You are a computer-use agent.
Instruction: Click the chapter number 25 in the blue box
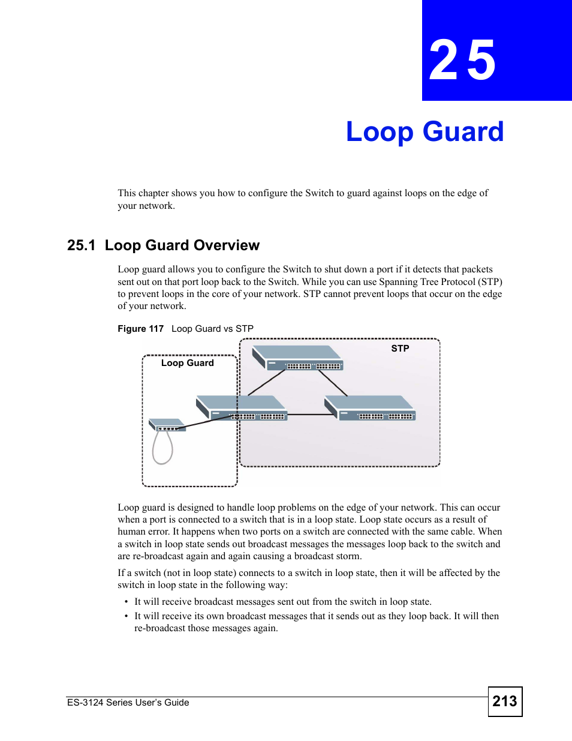[x=462, y=60]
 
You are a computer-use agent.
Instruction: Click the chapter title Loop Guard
[x=425, y=132]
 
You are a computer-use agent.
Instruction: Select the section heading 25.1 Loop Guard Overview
[x=163, y=245]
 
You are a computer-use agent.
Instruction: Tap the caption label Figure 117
[x=140, y=329]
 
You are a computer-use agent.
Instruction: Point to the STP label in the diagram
[x=400, y=349]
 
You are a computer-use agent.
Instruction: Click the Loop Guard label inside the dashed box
[x=187, y=363]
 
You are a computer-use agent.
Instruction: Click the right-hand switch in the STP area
[x=370, y=408]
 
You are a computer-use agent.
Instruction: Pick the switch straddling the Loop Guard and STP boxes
[x=242, y=408]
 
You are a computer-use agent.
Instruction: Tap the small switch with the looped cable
[x=166, y=425]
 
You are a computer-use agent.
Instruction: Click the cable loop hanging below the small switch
[x=162, y=449]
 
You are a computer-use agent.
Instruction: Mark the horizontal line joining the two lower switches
[x=306, y=415]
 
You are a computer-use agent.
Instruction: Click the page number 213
[x=505, y=701]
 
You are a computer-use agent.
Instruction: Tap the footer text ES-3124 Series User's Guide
[x=128, y=703]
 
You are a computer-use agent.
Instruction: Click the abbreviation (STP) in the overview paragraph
[x=490, y=282]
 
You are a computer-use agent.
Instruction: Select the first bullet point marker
[x=127, y=602]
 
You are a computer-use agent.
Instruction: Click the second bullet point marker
[x=127, y=616]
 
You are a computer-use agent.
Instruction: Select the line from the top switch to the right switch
[x=333, y=383]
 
